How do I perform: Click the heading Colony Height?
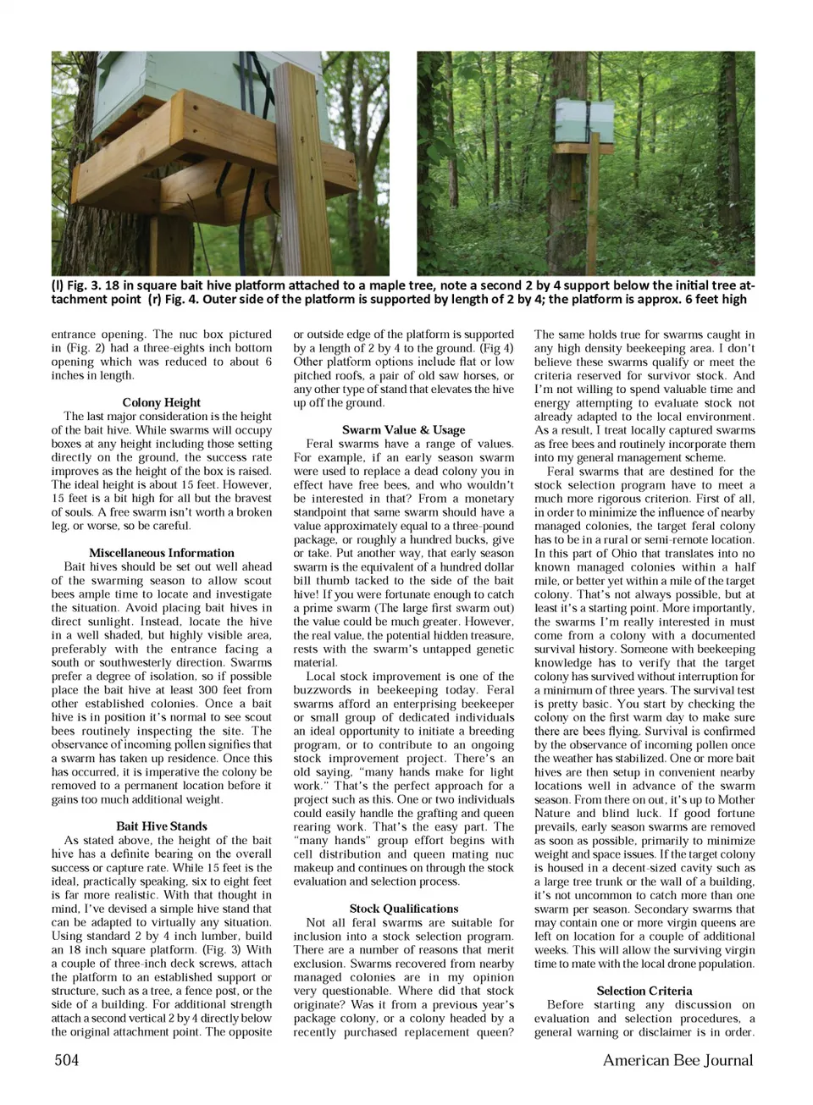(162, 402)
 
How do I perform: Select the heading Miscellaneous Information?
(162, 553)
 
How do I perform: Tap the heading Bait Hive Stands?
(162, 826)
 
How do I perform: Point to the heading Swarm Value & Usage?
(404, 429)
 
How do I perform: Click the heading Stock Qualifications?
(404, 909)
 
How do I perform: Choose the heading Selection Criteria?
(644, 991)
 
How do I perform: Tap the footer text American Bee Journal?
(677, 1060)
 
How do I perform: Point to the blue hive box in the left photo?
(144, 80)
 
